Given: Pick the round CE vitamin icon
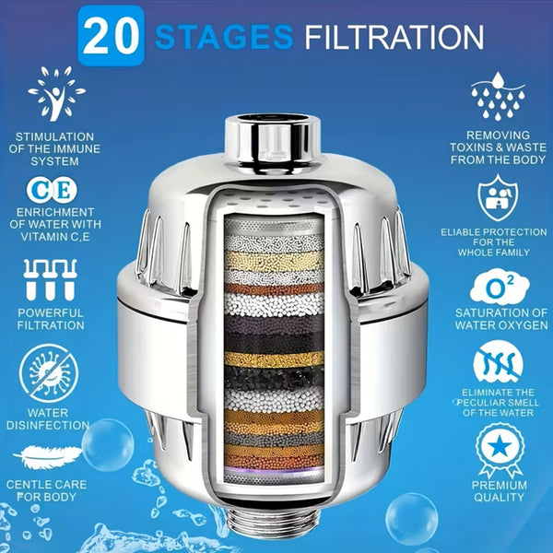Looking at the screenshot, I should coord(52,188).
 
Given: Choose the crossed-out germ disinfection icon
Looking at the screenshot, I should coord(52,367).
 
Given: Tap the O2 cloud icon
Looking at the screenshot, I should coord(499,287).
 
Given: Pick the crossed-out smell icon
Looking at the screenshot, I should coord(499,363).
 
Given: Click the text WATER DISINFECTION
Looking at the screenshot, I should coord(52,418).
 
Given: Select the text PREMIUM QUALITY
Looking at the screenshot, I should coord(499,490).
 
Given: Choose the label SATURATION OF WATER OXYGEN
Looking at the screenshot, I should coord(499,319).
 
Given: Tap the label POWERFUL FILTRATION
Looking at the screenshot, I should coord(52,319).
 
